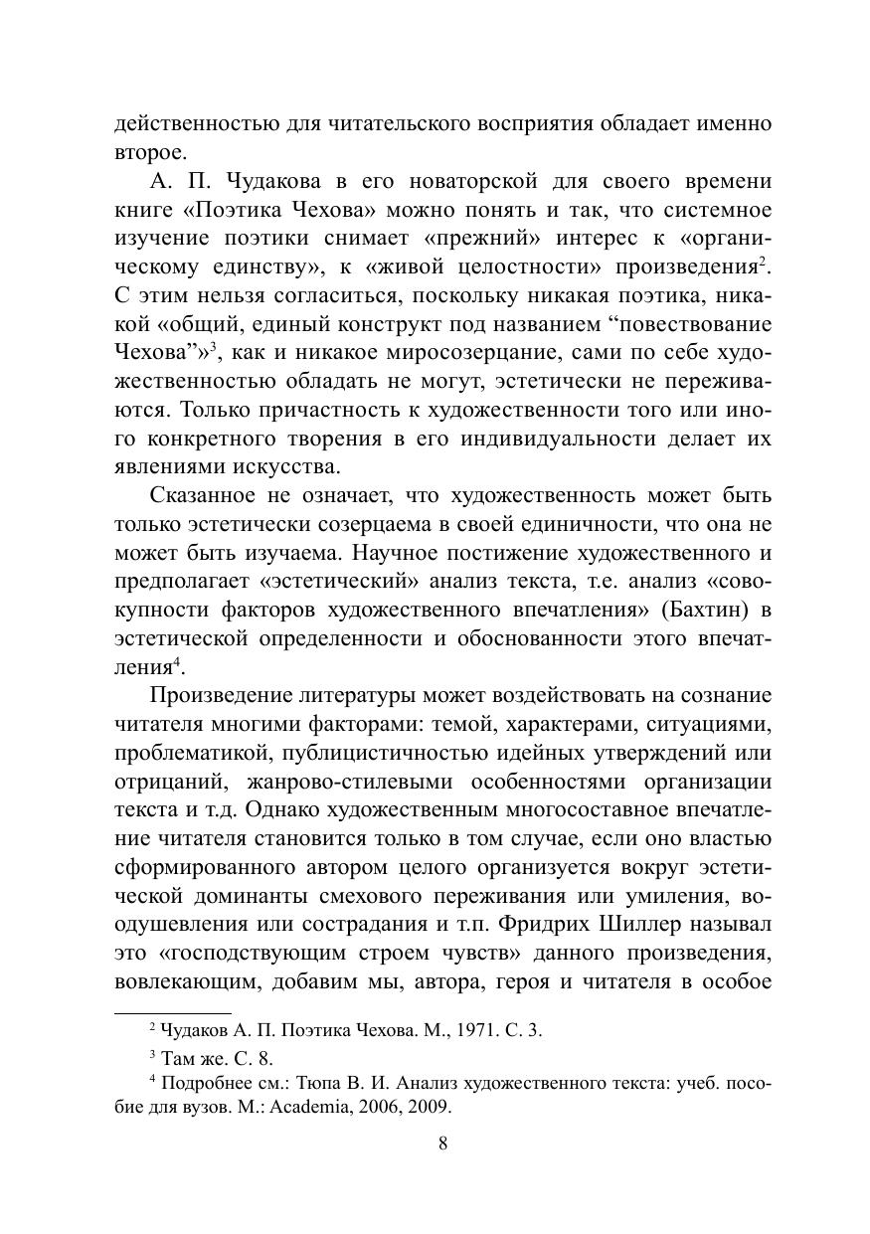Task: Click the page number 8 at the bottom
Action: click(x=442, y=1143)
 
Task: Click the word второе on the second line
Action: click(x=149, y=152)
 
